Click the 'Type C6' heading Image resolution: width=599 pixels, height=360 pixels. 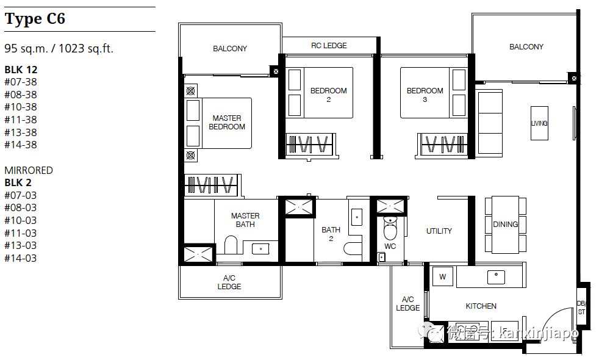[x=35, y=19]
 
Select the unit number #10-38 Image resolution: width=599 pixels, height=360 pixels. [x=21, y=107]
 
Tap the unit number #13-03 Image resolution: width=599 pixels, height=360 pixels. [x=21, y=245]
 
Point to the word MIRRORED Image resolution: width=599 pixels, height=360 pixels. [x=29, y=170]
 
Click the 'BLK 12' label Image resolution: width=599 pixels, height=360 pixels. [x=21, y=70]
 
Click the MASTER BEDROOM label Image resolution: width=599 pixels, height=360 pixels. [x=227, y=122]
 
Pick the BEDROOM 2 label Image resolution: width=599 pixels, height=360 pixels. [x=329, y=95]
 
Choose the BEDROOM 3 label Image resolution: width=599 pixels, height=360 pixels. [x=425, y=95]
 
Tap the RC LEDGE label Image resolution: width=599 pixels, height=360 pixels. [x=329, y=46]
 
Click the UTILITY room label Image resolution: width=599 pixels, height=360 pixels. [x=439, y=231]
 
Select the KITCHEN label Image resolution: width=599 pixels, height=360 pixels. [x=481, y=306]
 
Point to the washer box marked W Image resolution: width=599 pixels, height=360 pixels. [x=442, y=276]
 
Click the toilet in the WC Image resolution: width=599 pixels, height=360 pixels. [x=390, y=229]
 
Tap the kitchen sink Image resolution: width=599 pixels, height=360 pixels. [x=496, y=277]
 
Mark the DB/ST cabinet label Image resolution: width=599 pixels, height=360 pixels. [x=581, y=308]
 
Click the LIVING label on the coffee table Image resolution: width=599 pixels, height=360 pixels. [x=539, y=123]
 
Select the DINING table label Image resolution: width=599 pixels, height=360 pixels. [x=506, y=225]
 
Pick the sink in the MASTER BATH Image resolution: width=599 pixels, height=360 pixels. [x=260, y=249]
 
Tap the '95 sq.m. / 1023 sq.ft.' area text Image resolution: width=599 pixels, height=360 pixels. [x=59, y=49]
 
